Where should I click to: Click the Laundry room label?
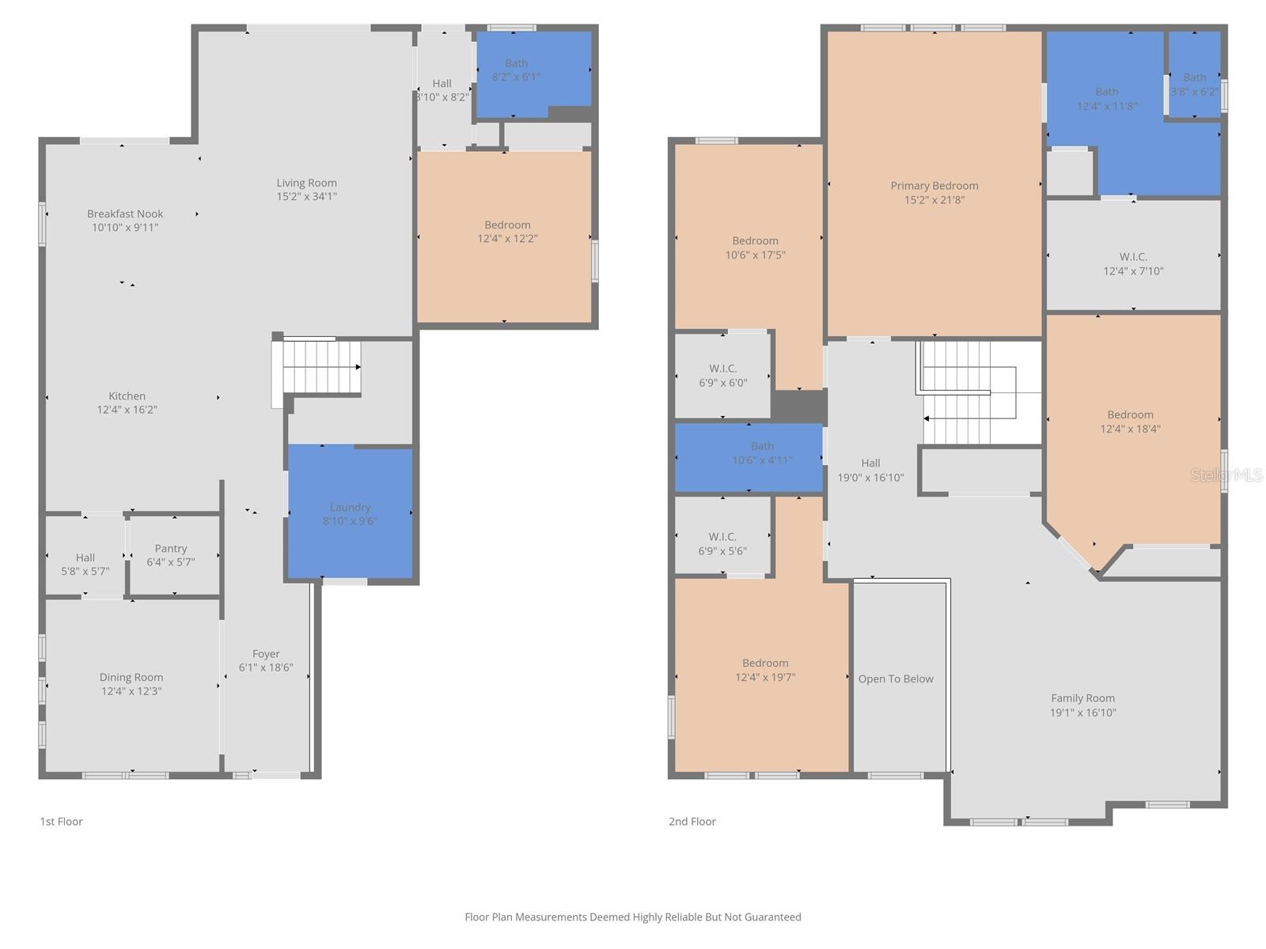point(350,508)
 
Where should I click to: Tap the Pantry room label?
point(171,549)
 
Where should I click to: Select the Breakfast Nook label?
point(125,214)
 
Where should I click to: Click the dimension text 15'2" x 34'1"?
point(306,197)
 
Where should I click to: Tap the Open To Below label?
point(896,679)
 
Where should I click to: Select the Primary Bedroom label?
point(934,186)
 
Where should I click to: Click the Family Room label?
point(1082,698)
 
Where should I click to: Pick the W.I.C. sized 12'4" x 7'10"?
point(1133,264)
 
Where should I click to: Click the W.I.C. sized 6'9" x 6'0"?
point(722,376)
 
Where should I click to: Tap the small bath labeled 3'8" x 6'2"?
point(1194,85)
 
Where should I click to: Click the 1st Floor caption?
point(62,822)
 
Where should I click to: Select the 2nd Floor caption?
point(692,822)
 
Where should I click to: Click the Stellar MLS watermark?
point(1226,475)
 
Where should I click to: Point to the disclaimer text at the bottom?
point(633,917)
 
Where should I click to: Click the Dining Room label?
point(131,678)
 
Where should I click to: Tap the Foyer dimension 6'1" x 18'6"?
point(266,667)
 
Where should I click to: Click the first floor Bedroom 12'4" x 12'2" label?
point(507,225)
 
